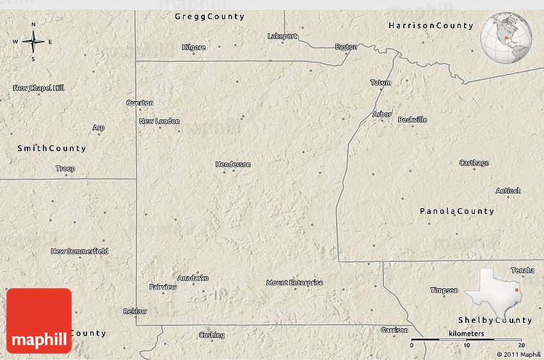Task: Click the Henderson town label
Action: click(233, 165)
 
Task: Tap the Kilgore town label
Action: click(194, 47)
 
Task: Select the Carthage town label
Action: click(474, 163)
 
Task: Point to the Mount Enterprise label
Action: click(294, 282)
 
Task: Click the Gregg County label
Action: click(209, 17)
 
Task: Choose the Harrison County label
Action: click(431, 26)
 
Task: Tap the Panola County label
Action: click(457, 211)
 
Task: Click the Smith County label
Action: click(51, 148)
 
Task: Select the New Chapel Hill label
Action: click(39, 88)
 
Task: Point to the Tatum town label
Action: click(380, 83)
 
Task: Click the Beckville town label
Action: click(412, 120)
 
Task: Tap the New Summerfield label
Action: click(79, 251)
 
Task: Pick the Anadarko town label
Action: click(193, 278)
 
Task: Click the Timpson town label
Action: click(444, 290)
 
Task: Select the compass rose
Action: click(33, 42)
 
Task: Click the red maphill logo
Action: click(39, 321)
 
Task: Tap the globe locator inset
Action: click(507, 38)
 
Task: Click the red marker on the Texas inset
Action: click(516, 290)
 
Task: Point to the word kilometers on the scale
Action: click(466, 334)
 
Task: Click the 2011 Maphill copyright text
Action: click(518, 354)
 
